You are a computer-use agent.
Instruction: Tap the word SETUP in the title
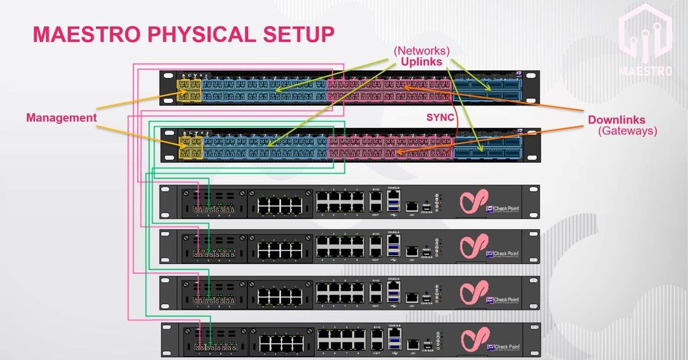coord(301,35)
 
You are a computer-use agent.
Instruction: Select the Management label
coord(61,118)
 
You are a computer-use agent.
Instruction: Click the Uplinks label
coord(421,62)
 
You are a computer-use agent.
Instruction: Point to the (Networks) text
coord(422,50)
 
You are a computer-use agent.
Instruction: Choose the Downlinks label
coord(617,120)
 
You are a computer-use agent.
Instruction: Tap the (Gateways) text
coord(628,131)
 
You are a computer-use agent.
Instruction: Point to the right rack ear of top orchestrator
coord(531,88)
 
